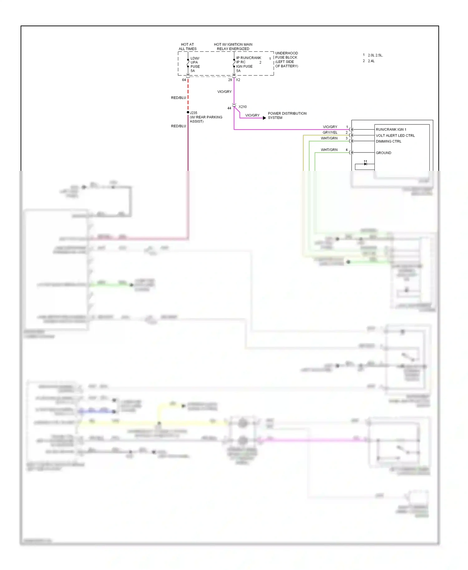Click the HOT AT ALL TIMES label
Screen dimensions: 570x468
[x=187, y=46]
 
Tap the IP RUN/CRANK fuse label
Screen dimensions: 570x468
[x=248, y=58]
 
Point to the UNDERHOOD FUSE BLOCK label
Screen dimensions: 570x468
[x=286, y=59]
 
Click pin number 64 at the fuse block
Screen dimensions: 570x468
[x=184, y=80]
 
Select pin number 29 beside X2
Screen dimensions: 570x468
[x=230, y=80]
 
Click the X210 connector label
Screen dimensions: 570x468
[x=242, y=107]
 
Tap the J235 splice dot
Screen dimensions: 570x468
[x=188, y=112]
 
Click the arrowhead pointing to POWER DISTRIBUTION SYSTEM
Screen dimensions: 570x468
[x=264, y=118]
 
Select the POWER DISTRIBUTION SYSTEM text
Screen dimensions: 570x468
[x=287, y=115]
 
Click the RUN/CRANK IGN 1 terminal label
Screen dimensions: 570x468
[x=391, y=129]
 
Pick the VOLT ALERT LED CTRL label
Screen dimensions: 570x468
[x=395, y=135]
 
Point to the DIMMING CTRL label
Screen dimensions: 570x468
[x=388, y=141]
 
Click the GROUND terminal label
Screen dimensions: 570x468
[x=383, y=153]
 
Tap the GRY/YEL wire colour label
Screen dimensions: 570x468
[x=329, y=133]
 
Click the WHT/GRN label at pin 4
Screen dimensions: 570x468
[x=329, y=150]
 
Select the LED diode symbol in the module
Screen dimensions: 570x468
[x=365, y=163]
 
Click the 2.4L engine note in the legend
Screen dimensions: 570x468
[x=371, y=61]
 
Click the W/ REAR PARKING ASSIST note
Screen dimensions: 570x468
[x=206, y=119]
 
